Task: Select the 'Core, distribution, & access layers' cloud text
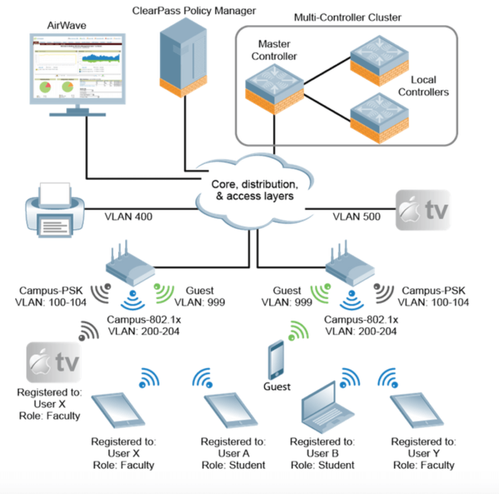(x=253, y=190)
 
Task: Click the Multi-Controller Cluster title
(x=347, y=18)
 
